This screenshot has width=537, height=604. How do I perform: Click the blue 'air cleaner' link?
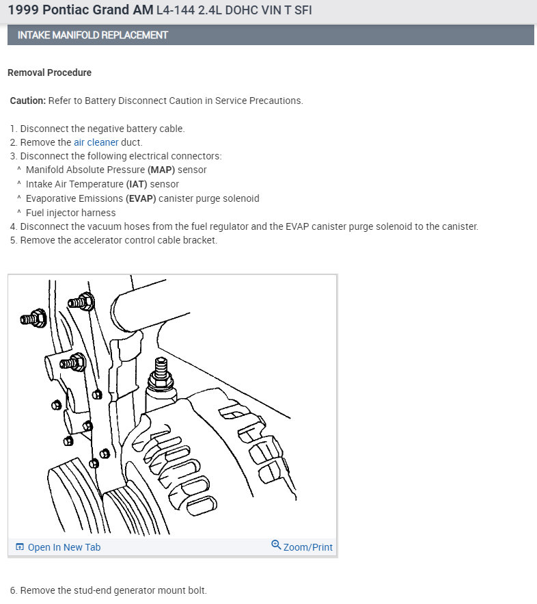point(96,142)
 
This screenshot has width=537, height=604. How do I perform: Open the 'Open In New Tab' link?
point(64,547)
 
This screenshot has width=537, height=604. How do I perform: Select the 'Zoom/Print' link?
point(307,547)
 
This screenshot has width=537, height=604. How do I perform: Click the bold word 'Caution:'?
point(28,101)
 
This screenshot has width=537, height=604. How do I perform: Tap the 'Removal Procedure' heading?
point(49,73)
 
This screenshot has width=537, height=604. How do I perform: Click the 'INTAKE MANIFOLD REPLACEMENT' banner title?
point(92,35)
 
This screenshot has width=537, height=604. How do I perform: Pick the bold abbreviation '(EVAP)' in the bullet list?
point(141,198)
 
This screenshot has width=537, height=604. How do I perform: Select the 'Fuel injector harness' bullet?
point(71,213)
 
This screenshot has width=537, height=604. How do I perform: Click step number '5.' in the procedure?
point(14,240)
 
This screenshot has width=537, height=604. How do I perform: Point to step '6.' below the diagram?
point(14,590)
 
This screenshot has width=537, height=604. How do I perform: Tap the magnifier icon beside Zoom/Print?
point(276,545)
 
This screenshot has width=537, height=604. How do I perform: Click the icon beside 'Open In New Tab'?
point(20,547)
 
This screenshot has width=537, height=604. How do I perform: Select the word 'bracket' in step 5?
point(200,240)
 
